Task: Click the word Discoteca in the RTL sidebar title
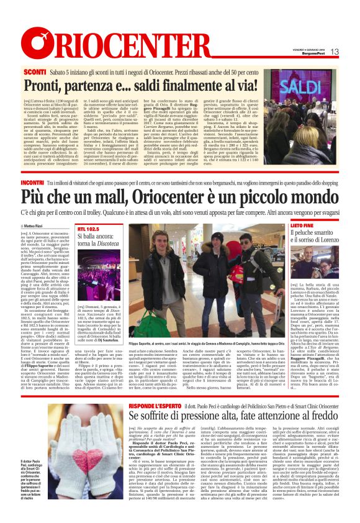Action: click(x=109, y=243)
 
